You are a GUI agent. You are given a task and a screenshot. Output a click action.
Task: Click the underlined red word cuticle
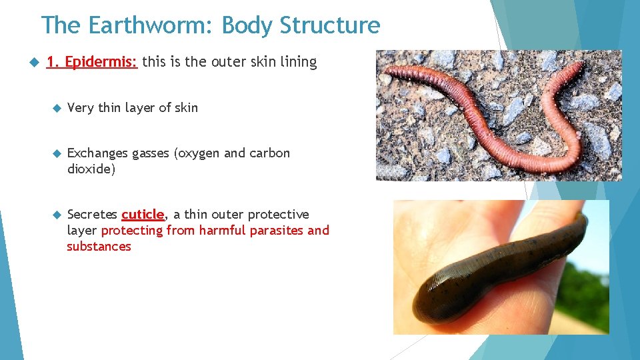[143, 215]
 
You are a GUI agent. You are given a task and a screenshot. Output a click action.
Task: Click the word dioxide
[91, 169]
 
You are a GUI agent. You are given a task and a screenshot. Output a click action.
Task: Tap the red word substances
[99, 247]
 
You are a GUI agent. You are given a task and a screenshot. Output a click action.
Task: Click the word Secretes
[93, 215]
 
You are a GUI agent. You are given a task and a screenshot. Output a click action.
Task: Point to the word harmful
[222, 231]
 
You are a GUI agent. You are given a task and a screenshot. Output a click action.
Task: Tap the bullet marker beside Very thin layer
[57, 108]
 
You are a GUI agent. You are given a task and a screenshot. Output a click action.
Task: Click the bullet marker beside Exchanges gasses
[57, 153]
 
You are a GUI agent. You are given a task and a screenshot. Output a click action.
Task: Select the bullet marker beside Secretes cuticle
[57, 215]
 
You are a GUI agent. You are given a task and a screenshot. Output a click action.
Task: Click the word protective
[278, 215]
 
